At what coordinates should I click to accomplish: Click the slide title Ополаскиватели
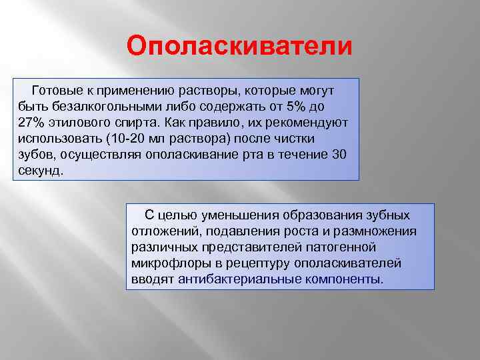coord(239,47)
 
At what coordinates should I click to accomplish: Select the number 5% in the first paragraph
coord(297,106)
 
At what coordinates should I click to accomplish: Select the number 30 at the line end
coord(338,154)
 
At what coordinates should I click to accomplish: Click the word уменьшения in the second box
coord(225,215)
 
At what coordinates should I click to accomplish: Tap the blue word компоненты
coord(345,279)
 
